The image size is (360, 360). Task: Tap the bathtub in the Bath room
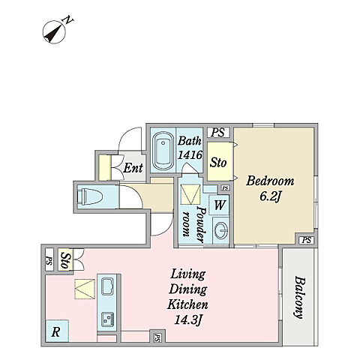(x=163, y=151)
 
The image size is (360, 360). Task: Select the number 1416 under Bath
(x=190, y=155)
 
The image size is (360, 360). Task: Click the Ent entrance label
(x=133, y=168)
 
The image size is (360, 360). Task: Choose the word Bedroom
(x=270, y=181)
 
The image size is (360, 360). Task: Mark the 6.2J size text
(x=269, y=196)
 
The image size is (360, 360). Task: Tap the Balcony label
(x=298, y=297)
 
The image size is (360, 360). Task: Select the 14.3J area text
(x=187, y=320)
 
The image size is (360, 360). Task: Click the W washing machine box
(x=219, y=205)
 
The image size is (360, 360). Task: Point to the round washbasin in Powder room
(x=221, y=230)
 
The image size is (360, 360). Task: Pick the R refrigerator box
(x=57, y=331)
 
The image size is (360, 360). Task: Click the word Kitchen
(x=187, y=304)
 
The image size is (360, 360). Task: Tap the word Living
(x=187, y=274)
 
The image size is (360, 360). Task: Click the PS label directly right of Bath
(x=218, y=133)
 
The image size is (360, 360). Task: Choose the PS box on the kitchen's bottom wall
(x=157, y=337)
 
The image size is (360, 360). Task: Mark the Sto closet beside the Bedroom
(x=218, y=162)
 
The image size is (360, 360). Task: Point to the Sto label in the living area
(x=65, y=260)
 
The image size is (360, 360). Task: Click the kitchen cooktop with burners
(x=108, y=319)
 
